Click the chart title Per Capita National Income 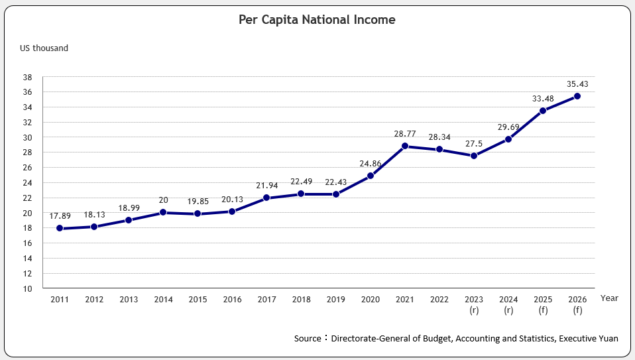[x=317, y=20]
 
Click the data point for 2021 [x=404, y=146]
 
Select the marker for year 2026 [x=577, y=96]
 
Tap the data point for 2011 [x=60, y=228]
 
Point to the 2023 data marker [x=473, y=156]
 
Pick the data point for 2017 [x=266, y=198]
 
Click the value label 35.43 [x=577, y=84]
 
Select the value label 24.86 [x=370, y=163]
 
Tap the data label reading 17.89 [x=60, y=216]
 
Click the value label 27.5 [x=473, y=143]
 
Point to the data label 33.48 [x=542, y=99]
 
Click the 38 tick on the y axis [x=28, y=77]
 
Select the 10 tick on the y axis [x=28, y=288]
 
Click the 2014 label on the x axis [x=163, y=299]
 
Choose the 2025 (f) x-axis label [x=542, y=304]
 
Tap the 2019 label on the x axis [x=335, y=299]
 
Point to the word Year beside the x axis [x=609, y=298]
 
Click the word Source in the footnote [x=308, y=339]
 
